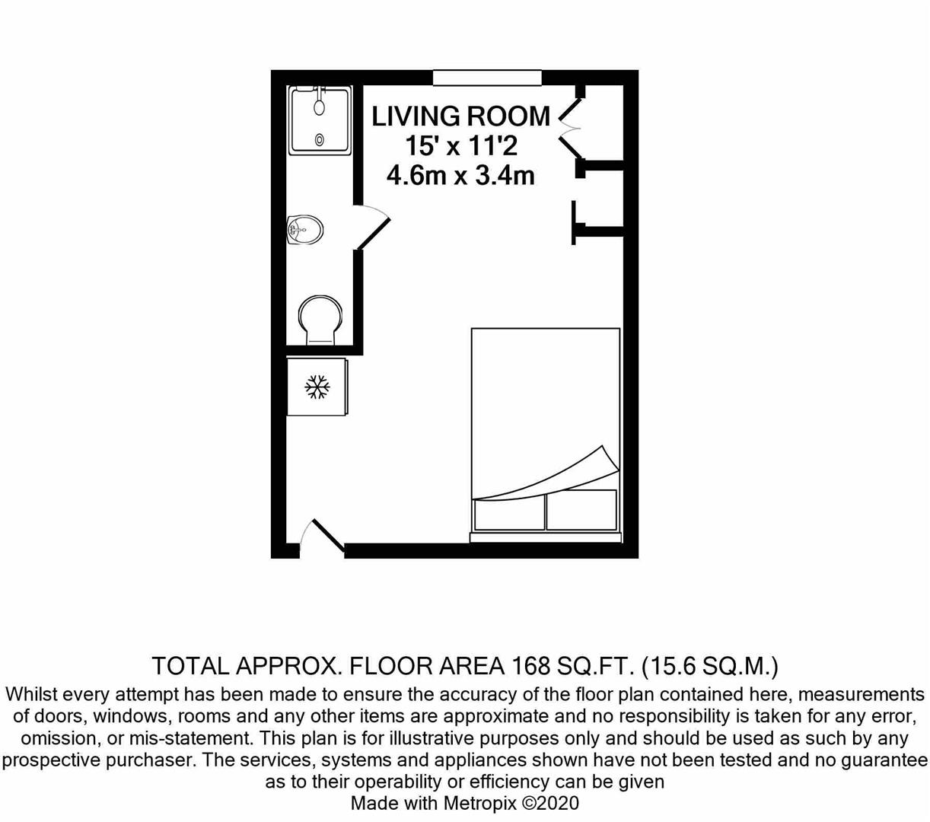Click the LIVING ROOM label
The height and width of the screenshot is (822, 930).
460,116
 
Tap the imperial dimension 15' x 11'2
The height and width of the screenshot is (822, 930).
461,146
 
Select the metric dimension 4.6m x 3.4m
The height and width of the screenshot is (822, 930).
460,175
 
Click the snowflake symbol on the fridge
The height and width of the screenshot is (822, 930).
317,387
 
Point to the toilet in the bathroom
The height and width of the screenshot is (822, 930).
320,320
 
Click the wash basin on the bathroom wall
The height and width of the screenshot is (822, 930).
304,229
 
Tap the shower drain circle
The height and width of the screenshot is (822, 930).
319,139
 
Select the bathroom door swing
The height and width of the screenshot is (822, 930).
373,227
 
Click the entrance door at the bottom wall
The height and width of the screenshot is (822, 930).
321,537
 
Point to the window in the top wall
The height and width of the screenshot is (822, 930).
487,77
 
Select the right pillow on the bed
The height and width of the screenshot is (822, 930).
581,510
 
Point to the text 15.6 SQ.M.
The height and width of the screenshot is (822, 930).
709,666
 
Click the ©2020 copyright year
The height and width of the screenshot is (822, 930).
551,803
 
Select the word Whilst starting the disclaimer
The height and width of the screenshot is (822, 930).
32,694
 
